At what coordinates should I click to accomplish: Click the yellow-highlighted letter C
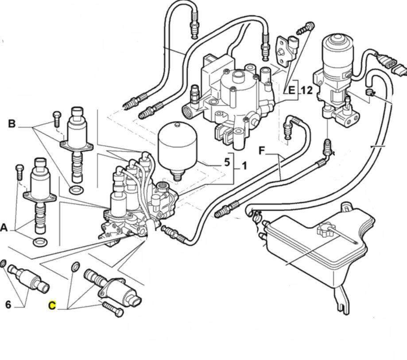(x=52, y=305)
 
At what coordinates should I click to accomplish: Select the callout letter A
(x=4, y=228)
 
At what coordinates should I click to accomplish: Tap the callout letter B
(x=12, y=123)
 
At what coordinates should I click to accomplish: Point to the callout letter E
(x=291, y=91)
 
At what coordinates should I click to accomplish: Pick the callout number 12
(x=306, y=91)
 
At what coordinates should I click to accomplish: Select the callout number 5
(x=227, y=162)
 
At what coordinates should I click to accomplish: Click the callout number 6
(x=8, y=305)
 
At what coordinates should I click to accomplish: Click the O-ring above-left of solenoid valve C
(x=75, y=267)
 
